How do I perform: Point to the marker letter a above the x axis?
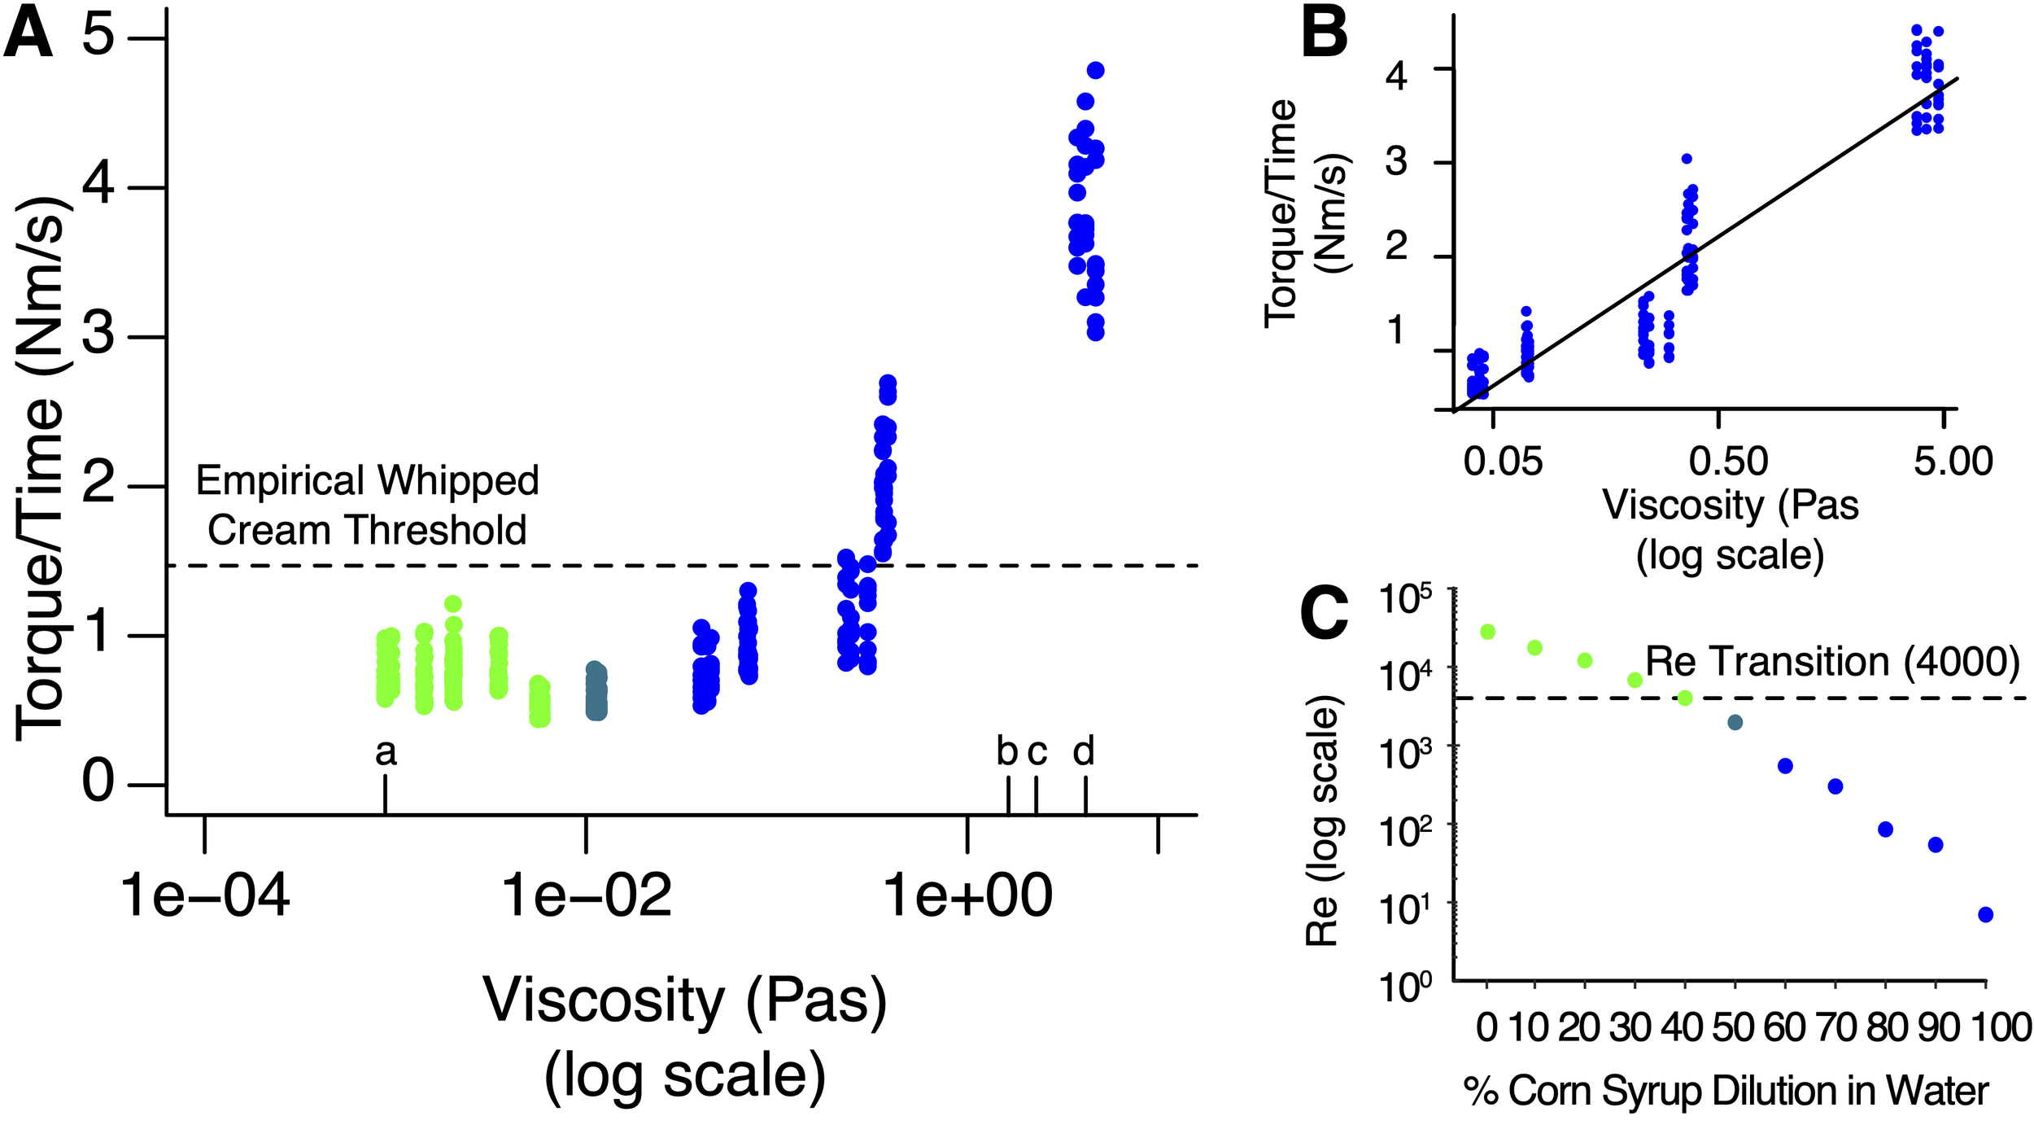[386, 753]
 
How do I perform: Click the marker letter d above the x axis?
[1083, 751]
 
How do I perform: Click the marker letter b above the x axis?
[1007, 751]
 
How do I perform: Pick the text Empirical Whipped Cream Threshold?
[367, 506]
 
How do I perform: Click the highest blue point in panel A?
[1095, 71]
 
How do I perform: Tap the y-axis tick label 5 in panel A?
[98, 37]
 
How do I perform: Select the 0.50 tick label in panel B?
[1728, 462]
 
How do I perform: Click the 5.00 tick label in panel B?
[1953, 462]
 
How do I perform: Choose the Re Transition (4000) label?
[1832, 662]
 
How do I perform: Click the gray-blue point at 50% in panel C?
[1735, 722]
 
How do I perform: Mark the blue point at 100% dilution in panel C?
[1985, 915]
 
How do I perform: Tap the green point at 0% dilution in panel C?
[1487, 632]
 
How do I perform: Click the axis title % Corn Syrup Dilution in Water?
[1725, 1091]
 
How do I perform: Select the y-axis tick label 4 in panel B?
[1396, 76]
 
